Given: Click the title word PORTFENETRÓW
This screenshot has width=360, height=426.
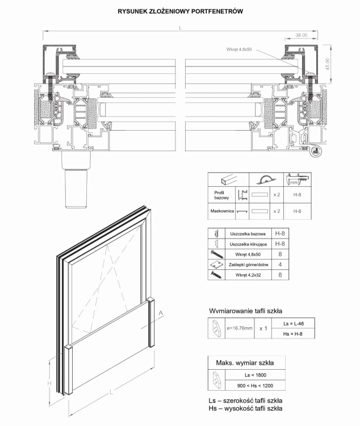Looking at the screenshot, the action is pos(217,11).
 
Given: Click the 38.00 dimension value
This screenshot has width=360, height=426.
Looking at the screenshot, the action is pos(302,35).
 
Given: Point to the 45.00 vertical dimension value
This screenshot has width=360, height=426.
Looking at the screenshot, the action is pos(328,64).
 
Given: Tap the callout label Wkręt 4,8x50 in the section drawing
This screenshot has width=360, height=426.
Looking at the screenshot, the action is pos(239,49).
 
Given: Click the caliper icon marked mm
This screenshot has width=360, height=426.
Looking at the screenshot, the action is pos(298,179).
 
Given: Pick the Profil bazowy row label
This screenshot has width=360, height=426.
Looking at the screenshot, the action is pos(221,195).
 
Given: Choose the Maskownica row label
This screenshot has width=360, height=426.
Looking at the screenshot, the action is pos(222,211).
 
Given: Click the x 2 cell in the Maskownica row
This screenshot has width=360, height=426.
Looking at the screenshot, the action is pos(277,211).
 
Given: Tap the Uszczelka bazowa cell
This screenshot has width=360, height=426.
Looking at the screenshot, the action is pos(248,233).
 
